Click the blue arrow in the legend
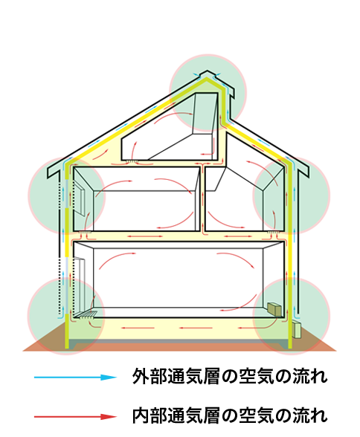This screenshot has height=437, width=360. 75,378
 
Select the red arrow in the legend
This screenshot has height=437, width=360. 75,417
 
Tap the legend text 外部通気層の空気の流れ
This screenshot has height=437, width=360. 230,376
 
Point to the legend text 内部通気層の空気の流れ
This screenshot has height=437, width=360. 230,416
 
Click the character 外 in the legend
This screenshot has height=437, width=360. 141,376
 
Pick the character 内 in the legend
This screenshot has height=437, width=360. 141,416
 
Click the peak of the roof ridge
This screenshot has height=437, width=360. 207,71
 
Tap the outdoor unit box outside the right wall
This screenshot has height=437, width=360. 297,330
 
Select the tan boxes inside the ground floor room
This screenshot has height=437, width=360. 274,309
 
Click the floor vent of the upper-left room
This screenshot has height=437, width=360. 86,232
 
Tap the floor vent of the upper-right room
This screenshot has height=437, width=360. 274,232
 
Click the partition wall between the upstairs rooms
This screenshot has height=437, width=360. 202,198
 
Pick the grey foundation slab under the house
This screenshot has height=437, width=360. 179,342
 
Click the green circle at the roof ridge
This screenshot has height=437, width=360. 208,92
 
